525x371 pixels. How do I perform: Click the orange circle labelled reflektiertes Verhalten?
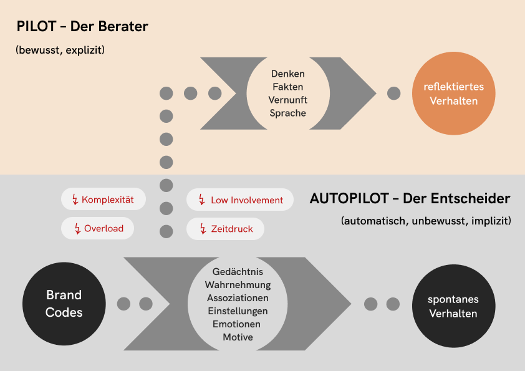tap(453, 94)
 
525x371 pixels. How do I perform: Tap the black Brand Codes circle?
tap(64, 304)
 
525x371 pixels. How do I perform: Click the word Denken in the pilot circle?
tap(288, 74)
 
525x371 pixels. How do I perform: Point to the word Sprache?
tap(288, 113)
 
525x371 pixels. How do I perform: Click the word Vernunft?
tap(288, 100)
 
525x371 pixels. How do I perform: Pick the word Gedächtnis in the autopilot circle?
tap(238, 272)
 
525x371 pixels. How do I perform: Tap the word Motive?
tap(238, 337)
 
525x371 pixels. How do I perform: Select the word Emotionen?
tap(238, 324)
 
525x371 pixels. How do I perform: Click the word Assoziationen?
tap(238, 298)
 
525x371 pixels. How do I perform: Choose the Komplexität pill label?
tap(108, 200)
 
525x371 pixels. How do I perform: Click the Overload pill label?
tap(104, 228)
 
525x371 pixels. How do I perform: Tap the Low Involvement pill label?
tap(247, 200)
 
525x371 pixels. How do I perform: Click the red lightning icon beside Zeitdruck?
tap(201, 229)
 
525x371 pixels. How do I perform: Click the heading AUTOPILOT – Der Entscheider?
tap(410, 199)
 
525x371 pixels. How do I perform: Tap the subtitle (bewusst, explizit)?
tap(60, 50)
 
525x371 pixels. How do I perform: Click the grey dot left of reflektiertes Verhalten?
tap(394, 94)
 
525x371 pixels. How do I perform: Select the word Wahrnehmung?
tap(238, 285)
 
